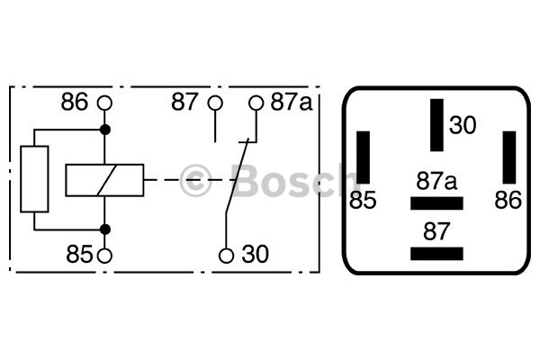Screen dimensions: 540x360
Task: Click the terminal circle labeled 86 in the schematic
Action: [x=104, y=103]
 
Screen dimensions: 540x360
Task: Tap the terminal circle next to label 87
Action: [x=215, y=103]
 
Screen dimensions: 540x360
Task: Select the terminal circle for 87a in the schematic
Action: [x=256, y=103]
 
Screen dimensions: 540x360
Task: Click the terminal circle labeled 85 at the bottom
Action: [x=104, y=256]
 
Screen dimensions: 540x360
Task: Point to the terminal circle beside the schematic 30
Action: [x=226, y=256]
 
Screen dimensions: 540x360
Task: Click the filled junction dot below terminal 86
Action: [x=105, y=130]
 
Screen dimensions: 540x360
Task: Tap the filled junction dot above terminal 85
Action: [x=105, y=229]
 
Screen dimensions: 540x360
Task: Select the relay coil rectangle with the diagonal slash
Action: [x=104, y=180]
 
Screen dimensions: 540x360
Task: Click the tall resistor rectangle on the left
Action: [x=34, y=179]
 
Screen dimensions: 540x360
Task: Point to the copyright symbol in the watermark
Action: [x=195, y=181]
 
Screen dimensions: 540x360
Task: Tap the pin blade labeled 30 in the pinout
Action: [x=436, y=125]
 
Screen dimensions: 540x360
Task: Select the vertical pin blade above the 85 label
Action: [x=364, y=157]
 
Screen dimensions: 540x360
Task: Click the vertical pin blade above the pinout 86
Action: [x=509, y=157]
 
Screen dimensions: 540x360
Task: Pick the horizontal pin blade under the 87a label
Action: [x=436, y=203]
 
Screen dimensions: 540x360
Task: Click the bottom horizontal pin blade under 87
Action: [x=436, y=254]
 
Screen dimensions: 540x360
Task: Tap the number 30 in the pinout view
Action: [x=463, y=125]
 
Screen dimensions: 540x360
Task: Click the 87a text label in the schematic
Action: [x=292, y=102]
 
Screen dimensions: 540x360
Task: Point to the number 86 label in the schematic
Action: [x=75, y=102]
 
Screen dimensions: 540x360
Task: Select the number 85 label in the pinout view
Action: [x=363, y=200]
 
